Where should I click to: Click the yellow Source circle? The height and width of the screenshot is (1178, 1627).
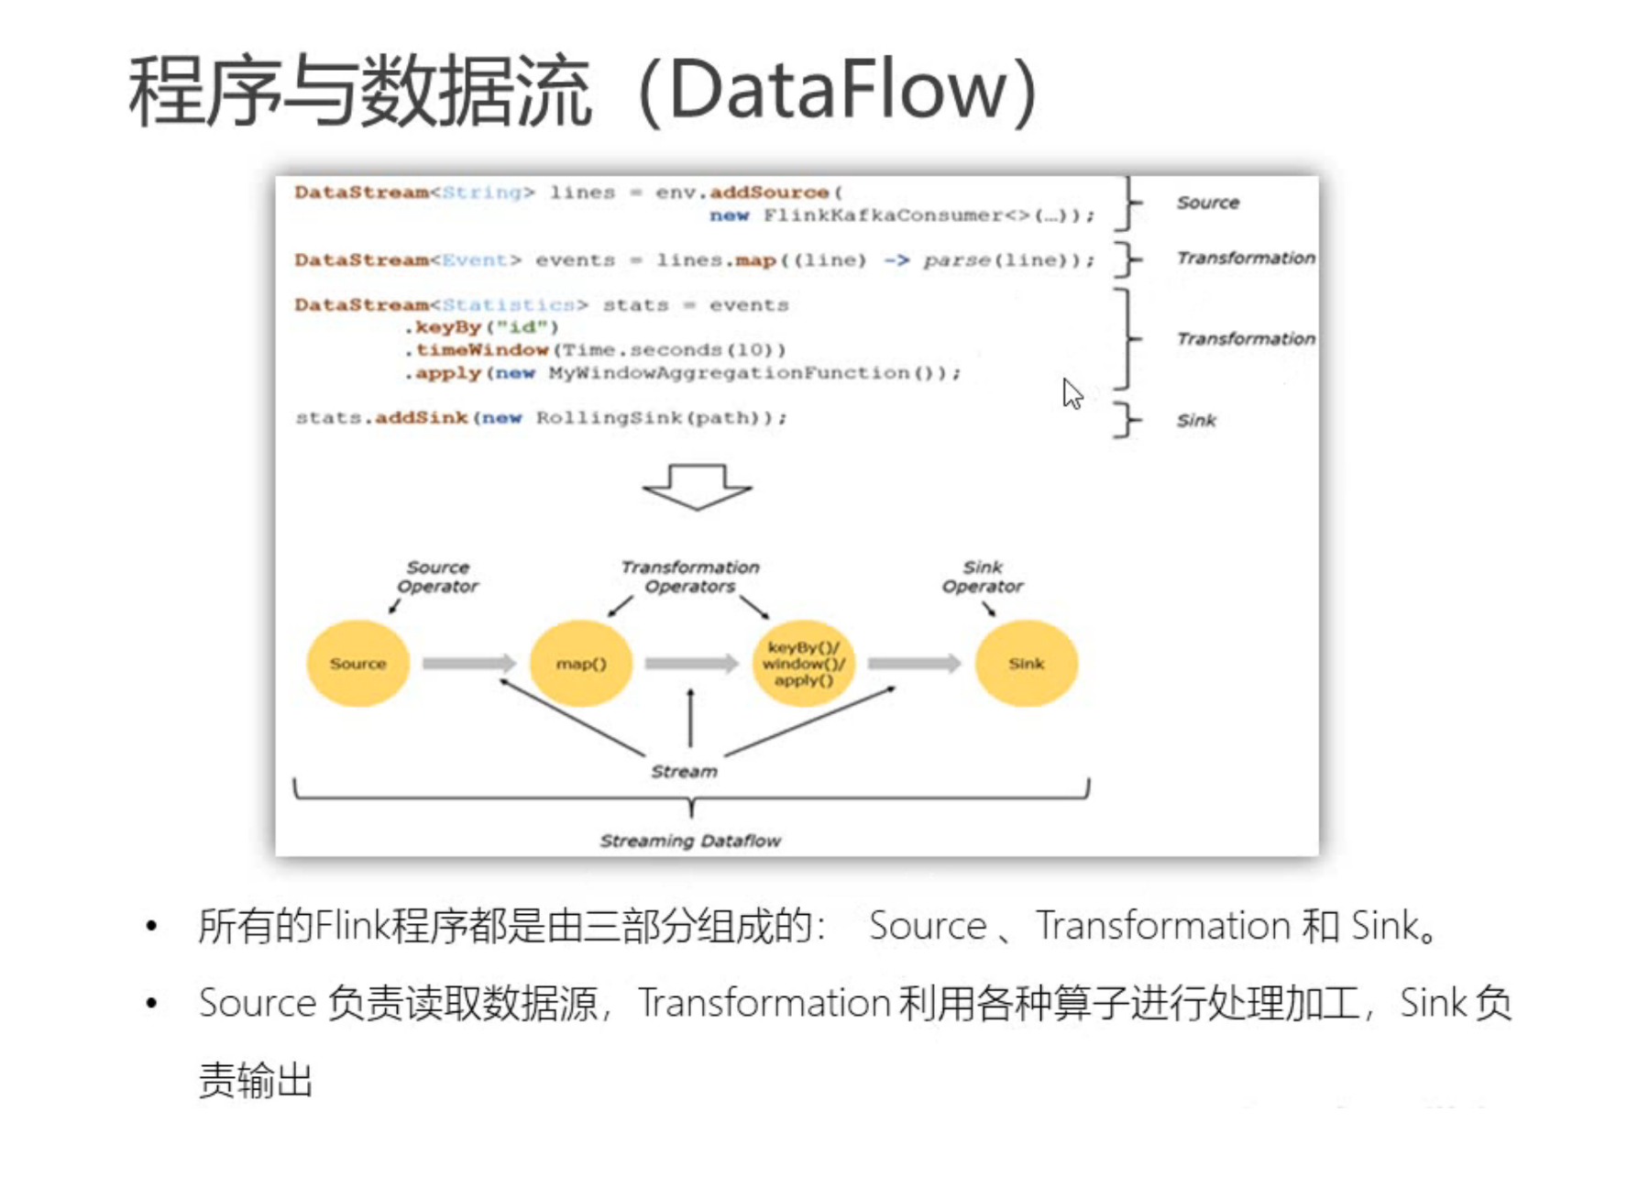coord(357,663)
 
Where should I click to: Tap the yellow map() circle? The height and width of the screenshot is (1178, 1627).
coord(581,663)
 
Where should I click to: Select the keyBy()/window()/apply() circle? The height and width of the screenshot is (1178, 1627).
coord(803,663)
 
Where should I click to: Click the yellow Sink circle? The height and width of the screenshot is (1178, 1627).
coord(1026,663)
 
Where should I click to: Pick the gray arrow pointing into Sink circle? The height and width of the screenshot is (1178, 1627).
coord(914,663)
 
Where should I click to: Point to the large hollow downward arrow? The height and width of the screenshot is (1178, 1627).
coord(698,486)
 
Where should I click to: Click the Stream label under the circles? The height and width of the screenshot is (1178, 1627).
coord(684,771)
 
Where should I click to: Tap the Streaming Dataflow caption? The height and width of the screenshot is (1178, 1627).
coord(690,841)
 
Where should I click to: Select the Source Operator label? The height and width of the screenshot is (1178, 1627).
coord(437,577)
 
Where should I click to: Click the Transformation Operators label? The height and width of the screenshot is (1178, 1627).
coord(690,577)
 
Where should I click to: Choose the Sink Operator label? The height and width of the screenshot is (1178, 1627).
coord(983,577)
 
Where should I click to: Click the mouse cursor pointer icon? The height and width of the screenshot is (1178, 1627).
coord(1072,394)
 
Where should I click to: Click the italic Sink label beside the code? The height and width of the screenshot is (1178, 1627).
coord(1196,421)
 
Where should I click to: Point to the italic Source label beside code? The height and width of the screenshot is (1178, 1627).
coord(1207,203)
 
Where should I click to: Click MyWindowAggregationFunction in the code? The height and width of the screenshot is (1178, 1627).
coord(729,373)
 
